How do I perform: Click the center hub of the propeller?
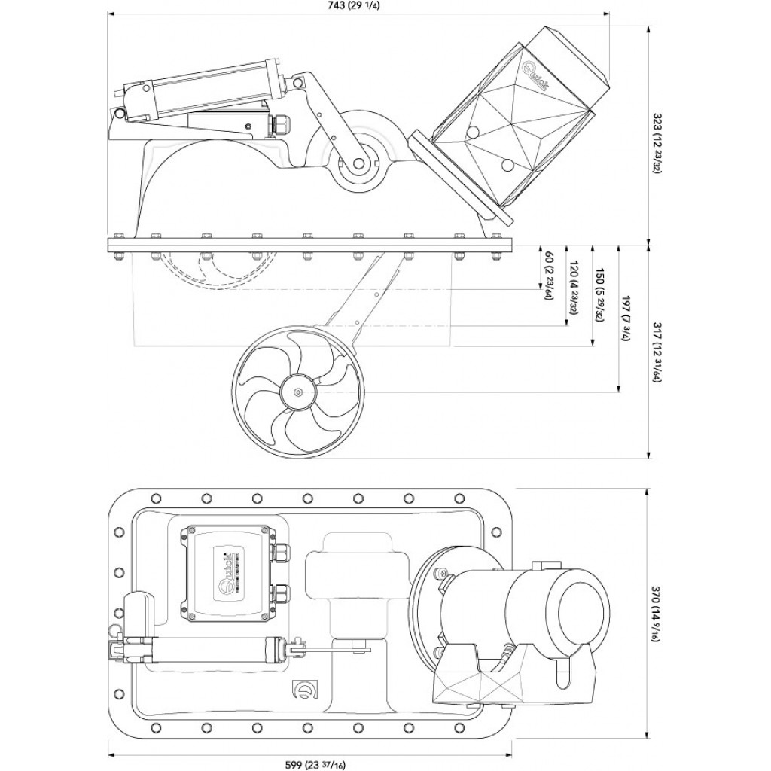[x=299, y=392]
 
